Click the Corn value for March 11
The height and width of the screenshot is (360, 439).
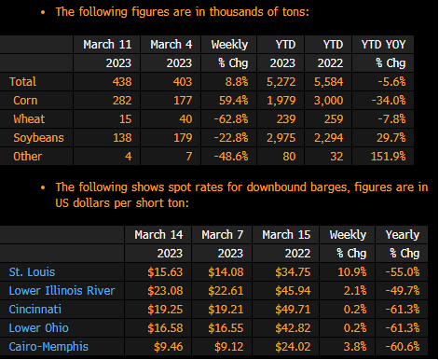(122, 101)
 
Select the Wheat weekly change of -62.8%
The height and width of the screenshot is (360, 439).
(231, 119)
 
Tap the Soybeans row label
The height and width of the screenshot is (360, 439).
(38, 138)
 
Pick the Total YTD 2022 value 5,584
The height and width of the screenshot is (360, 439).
(329, 82)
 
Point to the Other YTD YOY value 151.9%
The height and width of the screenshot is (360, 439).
(388, 157)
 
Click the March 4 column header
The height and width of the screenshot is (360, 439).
(171, 45)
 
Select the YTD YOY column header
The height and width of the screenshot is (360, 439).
(383, 45)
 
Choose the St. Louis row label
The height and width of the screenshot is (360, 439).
(32, 272)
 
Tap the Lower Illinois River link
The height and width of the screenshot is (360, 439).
(62, 291)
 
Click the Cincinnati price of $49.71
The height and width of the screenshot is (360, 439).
(293, 310)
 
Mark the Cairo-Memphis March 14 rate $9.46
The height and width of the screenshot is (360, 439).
(169, 347)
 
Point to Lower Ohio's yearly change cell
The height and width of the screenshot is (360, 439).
(403, 328)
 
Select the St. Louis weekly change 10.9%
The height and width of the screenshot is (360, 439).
(352, 272)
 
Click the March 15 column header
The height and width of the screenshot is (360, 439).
(286, 235)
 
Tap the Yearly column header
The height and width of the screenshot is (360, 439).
(403, 235)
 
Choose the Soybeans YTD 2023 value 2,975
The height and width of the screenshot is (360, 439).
(281, 138)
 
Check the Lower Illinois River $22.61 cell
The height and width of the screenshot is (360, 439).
(226, 291)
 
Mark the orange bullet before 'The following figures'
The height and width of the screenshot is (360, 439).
(43, 12)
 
